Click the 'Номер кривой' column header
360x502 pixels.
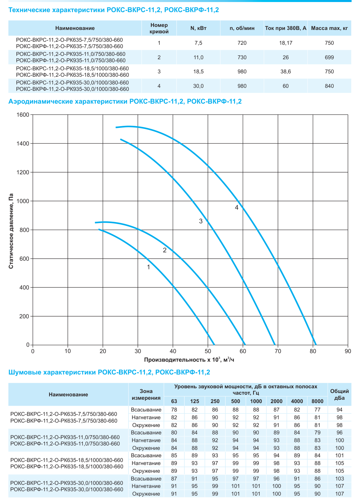(159, 28)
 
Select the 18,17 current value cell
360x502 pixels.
(286, 43)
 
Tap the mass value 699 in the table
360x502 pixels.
(329, 58)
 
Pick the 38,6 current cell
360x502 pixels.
(286, 72)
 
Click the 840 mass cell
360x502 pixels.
(329, 86)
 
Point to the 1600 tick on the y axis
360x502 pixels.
(23, 115)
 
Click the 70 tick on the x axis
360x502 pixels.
(278, 351)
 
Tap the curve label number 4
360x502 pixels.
(237, 208)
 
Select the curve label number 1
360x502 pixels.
(149, 267)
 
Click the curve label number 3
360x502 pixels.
(201, 221)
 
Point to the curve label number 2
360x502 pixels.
(165, 250)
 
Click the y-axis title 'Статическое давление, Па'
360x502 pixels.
(11, 231)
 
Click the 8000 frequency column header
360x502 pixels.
(317, 401)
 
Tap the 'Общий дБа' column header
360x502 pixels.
(339, 394)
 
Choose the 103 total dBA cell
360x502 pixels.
(339, 479)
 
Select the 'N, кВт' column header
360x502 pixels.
(198, 28)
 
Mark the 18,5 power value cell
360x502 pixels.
(198, 72)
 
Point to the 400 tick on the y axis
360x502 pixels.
(25, 288)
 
